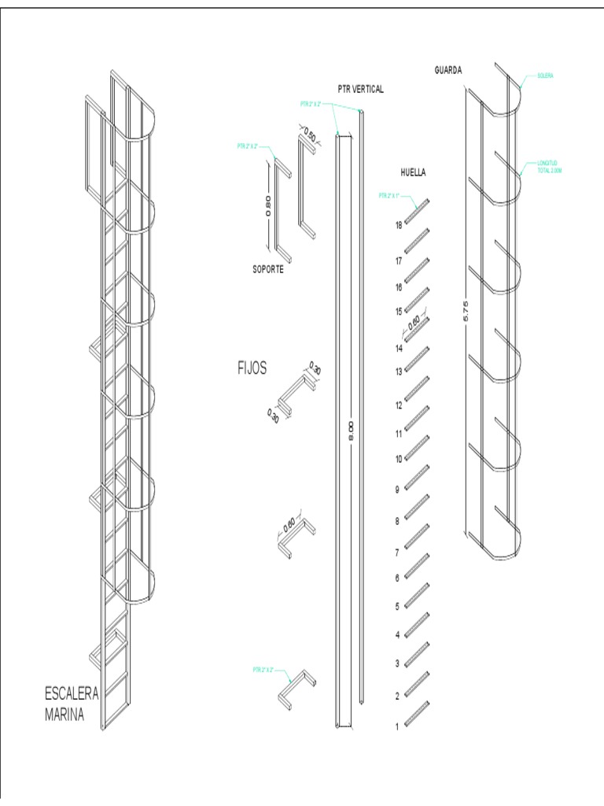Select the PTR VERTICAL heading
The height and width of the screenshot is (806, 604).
[361, 90]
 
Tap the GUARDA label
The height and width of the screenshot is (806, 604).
[448, 70]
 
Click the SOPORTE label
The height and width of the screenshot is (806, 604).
[263, 269]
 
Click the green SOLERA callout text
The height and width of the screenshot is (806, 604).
[547, 76]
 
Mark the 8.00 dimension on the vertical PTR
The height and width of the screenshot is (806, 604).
[351, 431]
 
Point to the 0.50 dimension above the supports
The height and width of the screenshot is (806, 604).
[309, 135]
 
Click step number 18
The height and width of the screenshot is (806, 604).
[399, 225]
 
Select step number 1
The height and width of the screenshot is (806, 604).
[397, 727]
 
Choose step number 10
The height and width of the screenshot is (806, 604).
[399, 459]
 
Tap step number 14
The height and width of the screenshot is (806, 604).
[399, 347]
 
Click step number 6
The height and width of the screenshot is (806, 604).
[397, 578]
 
